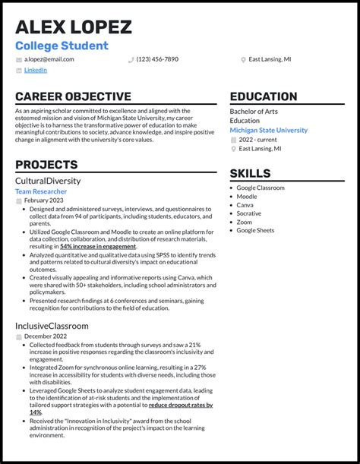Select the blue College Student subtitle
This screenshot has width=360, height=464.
tap(62, 46)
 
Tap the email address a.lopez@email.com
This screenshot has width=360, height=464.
tap(49, 59)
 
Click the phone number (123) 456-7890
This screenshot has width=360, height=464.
tap(157, 59)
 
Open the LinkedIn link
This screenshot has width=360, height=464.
tap(35, 70)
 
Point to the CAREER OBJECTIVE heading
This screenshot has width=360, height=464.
tap(73, 96)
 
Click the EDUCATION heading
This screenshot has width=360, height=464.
tap(264, 96)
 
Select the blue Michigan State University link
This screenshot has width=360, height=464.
tap(269, 130)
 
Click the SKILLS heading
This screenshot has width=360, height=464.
tap(250, 173)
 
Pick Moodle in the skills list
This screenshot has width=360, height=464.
tap(246, 197)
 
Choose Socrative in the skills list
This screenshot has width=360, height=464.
tap(249, 213)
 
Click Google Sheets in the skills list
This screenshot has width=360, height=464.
tap(255, 230)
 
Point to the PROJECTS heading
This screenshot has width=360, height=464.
tap(46, 165)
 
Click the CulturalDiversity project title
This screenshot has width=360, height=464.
tap(48, 181)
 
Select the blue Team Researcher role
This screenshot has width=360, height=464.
tap(41, 191)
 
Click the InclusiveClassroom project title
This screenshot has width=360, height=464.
tap(52, 326)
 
